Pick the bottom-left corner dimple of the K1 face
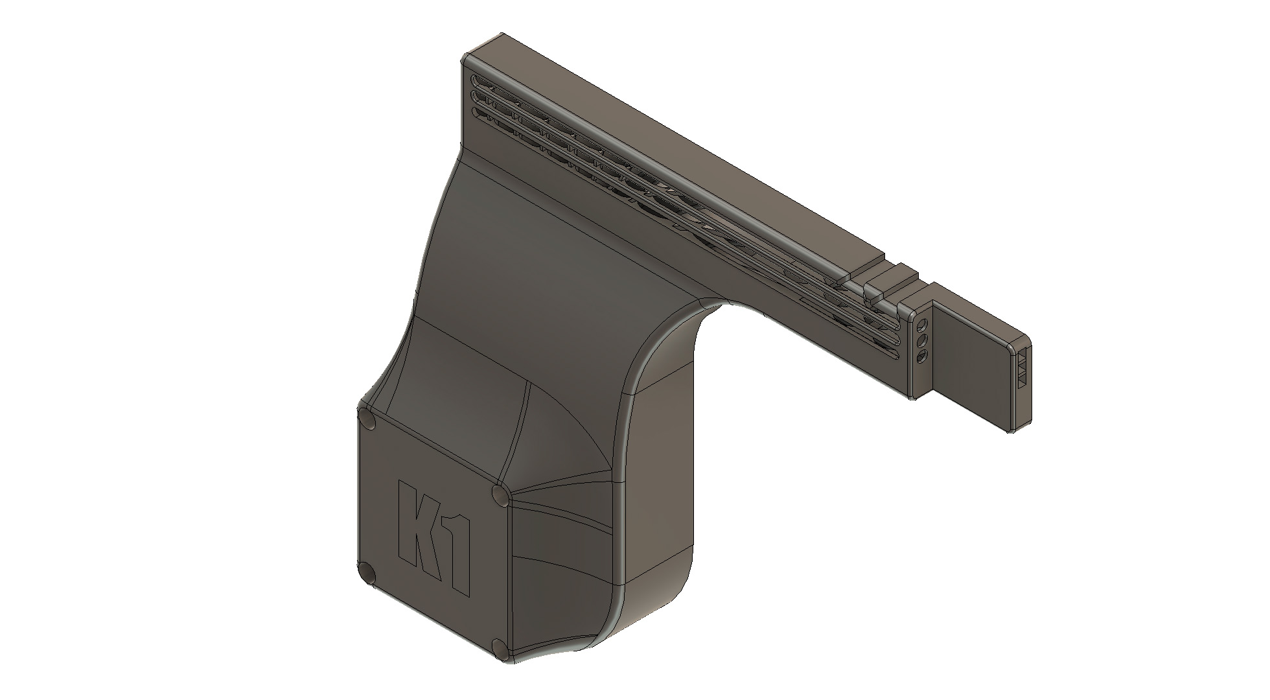tap(367, 573)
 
